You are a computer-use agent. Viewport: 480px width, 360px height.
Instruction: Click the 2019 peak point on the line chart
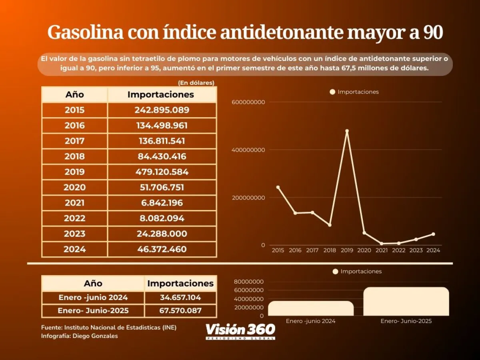tap(347, 131)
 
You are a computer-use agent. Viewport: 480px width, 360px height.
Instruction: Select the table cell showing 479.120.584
tap(162, 172)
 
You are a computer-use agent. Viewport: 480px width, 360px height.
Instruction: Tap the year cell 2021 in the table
tap(74, 203)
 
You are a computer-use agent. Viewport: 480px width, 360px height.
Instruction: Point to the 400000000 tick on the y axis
tap(248, 150)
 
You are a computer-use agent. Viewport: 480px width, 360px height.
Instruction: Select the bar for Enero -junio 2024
tap(311, 308)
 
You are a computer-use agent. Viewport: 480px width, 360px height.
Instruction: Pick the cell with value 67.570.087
tap(180, 310)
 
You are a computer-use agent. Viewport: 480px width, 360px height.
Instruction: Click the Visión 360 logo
tap(240, 331)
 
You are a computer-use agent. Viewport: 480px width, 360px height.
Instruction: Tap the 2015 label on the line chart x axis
tap(278, 250)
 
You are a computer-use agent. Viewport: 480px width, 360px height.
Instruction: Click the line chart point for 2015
tap(278, 187)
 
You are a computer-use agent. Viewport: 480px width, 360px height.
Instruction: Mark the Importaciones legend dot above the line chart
tap(332, 92)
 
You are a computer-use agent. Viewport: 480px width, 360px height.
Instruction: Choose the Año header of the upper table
tap(74, 95)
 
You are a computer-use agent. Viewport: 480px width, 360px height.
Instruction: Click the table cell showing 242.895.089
tap(162, 110)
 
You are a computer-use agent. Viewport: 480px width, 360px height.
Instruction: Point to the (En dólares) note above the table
tap(196, 83)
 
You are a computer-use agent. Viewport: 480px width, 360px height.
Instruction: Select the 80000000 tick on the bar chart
tap(248, 282)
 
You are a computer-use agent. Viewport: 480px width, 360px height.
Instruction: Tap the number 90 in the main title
tap(432, 33)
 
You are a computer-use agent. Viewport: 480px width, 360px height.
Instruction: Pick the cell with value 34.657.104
tap(180, 297)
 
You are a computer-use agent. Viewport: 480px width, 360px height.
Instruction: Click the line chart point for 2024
tap(433, 234)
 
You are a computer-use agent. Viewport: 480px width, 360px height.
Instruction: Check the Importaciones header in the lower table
tap(180, 283)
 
